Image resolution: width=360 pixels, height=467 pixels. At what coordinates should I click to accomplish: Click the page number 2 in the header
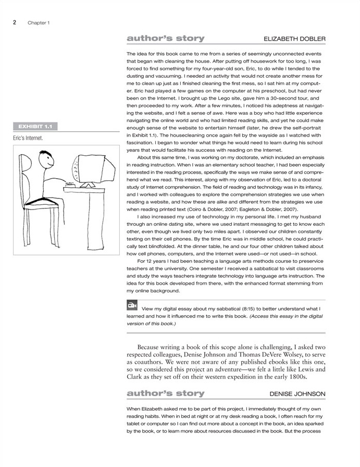15,22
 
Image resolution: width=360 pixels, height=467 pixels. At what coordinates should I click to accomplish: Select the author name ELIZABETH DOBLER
294,39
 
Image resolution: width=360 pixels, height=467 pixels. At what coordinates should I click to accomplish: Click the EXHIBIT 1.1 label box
35,126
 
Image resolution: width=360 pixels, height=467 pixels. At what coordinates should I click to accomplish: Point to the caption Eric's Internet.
29,139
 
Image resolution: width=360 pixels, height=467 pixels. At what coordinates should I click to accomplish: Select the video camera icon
132,306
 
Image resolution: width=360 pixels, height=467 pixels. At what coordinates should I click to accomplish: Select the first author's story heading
166,39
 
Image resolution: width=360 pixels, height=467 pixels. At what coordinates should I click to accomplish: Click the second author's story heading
166,393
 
